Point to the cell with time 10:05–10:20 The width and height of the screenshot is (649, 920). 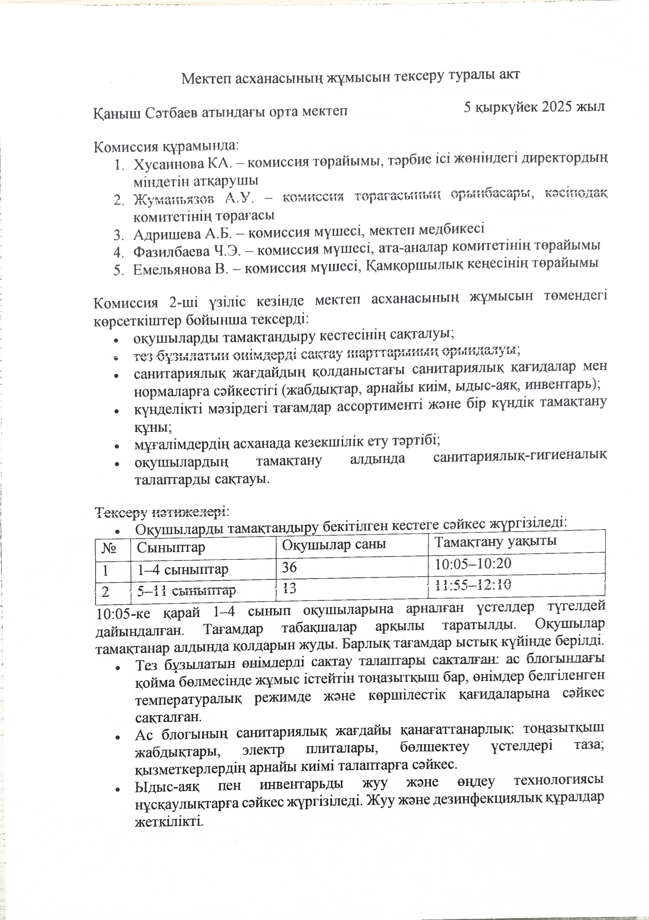coord(473,564)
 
